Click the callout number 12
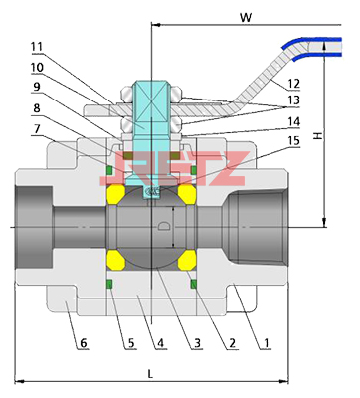[x=293, y=84]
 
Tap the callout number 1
[x=266, y=342]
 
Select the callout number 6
[x=83, y=343]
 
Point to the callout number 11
[x=37, y=47]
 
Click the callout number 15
[x=293, y=140]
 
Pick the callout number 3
[x=197, y=343]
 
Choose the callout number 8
[x=37, y=108]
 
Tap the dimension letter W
[x=246, y=18]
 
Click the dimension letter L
[x=150, y=374]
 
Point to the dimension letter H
[x=318, y=135]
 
